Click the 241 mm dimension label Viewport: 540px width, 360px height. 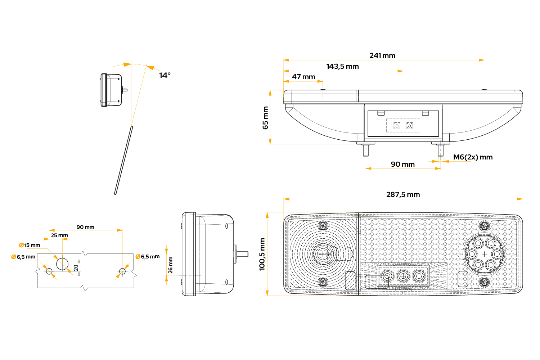click(x=382, y=56)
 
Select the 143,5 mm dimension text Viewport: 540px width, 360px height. click(x=342, y=67)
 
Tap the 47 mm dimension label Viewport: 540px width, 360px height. click(x=303, y=77)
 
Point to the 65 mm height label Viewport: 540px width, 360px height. click(x=265, y=118)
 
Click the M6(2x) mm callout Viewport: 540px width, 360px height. click(x=473, y=157)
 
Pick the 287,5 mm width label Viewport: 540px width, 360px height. click(x=403, y=195)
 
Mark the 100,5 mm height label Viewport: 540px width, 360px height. click(x=262, y=254)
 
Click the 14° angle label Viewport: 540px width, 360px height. click(x=165, y=76)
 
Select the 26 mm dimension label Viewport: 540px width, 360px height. click(x=170, y=265)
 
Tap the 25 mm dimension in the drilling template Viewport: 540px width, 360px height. click(x=59, y=235)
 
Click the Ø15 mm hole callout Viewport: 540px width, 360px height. click(x=30, y=246)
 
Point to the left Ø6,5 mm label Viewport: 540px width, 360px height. click(x=23, y=257)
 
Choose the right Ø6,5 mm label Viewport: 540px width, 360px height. click(x=148, y=257)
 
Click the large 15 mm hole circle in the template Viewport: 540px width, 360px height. click(x=62, y=264)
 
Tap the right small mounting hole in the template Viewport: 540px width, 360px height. click(x=122, y=271)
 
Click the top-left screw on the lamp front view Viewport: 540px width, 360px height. click(x=323, y=226)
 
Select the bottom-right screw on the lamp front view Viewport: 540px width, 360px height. click(x=484, y=282)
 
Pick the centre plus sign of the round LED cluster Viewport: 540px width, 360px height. click(x=484, y=254)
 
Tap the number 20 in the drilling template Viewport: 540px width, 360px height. click(x=76, y=268)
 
